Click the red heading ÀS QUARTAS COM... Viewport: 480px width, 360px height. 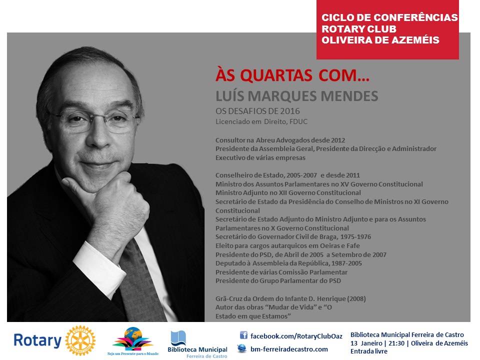pos(292,75)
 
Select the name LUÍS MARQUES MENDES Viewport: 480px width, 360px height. pos(296,96)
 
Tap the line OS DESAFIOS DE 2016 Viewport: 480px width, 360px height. pos(257,111)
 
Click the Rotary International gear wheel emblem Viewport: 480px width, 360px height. pos(80,340)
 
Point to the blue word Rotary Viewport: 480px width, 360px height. pos(37,340)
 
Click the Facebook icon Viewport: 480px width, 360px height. pos(243,335)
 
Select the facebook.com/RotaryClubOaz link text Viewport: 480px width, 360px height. pos(296,336)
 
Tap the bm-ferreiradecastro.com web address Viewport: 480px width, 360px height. pos(289,349)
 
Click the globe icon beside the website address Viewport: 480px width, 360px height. pos(242,348)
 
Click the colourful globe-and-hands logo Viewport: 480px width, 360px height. pos(132,339)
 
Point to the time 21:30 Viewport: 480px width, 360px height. pos(396,343)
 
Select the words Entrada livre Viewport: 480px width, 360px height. pos(369,351)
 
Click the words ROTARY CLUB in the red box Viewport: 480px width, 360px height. pos(359,29)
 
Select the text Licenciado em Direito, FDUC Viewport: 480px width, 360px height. pos(261,122)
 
